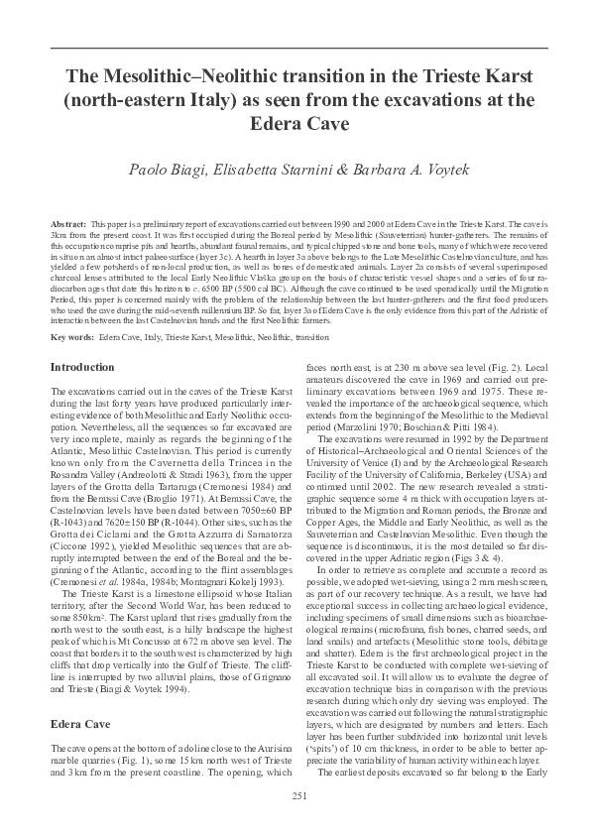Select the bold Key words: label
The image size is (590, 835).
pos(71,338)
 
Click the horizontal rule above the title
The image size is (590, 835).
pos(295,47)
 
